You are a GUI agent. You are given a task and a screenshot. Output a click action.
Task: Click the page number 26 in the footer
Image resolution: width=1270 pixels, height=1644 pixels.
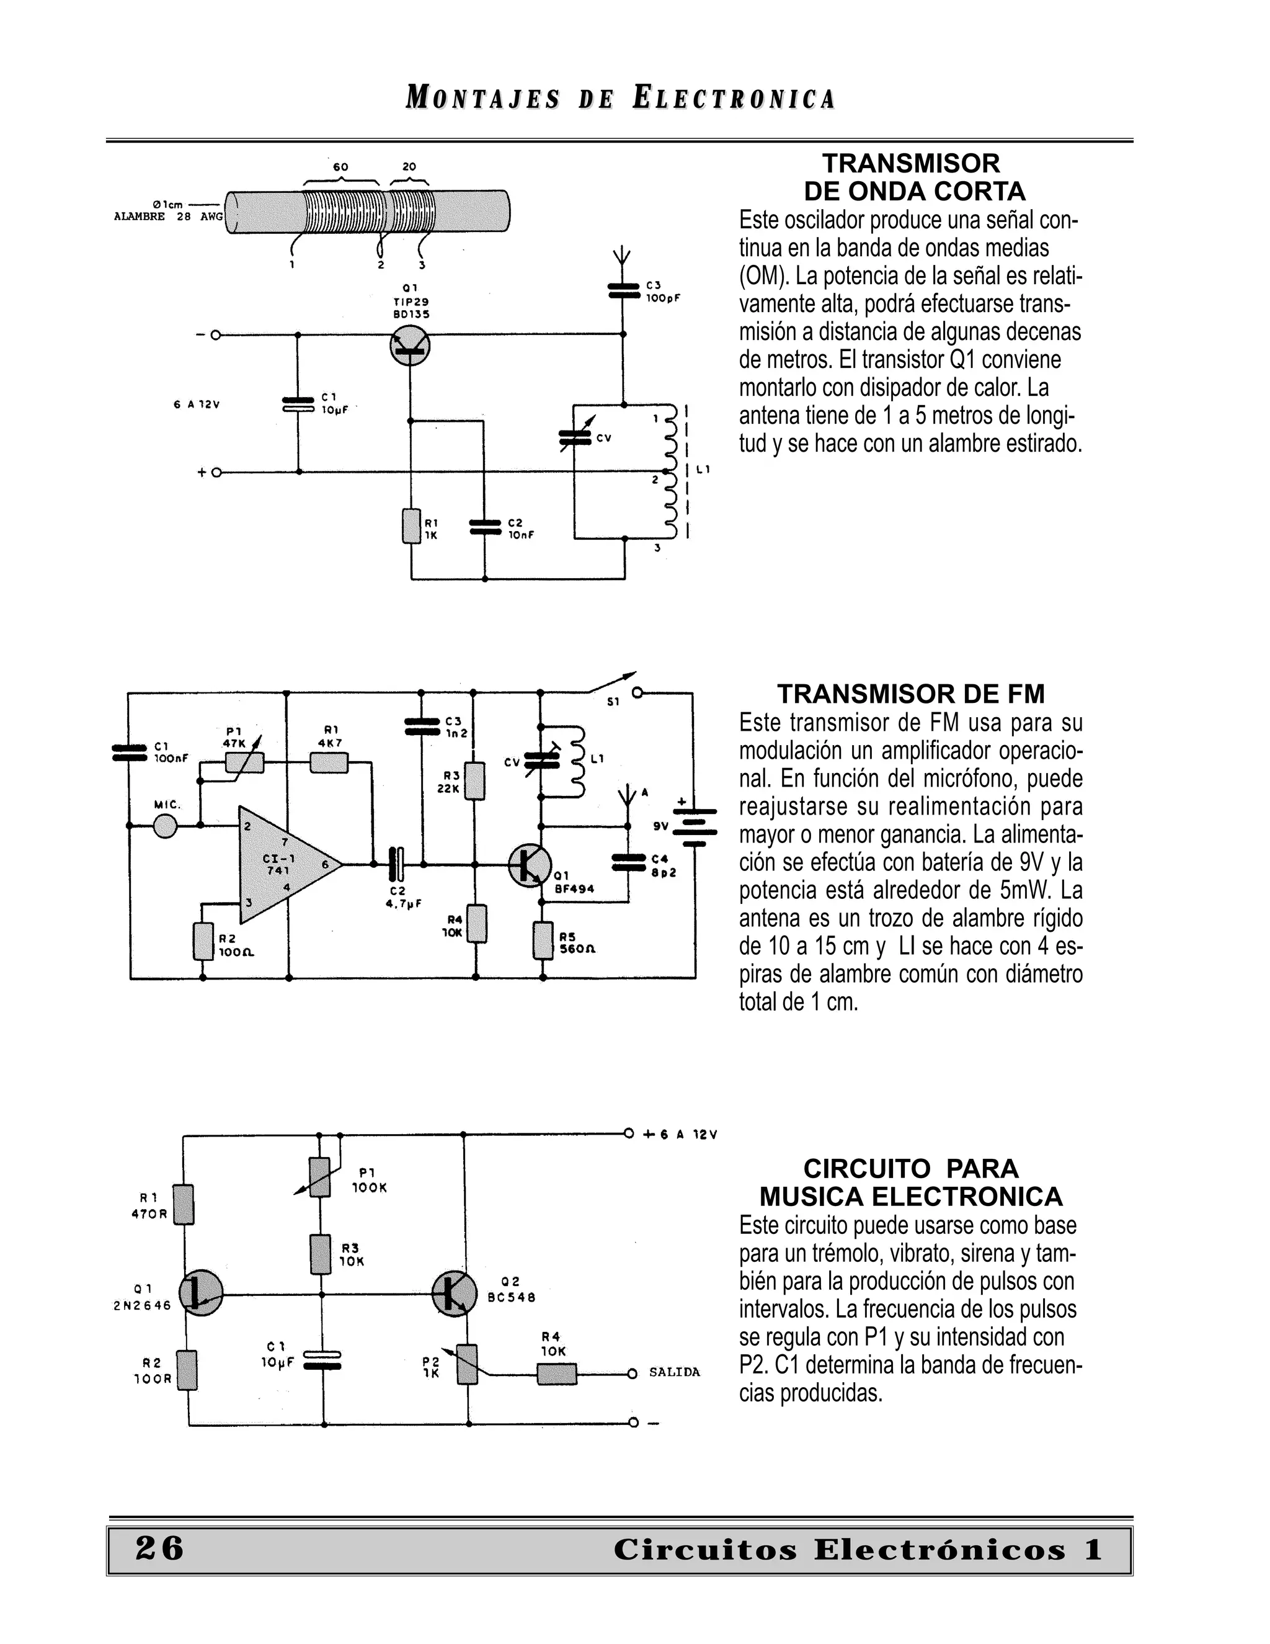click(159, 1548)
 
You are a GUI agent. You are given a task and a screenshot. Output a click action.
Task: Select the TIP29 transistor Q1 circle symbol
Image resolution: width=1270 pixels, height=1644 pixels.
click(410, 346)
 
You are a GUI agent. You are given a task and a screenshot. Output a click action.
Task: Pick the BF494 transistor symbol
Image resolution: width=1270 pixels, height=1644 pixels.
click(530, 865)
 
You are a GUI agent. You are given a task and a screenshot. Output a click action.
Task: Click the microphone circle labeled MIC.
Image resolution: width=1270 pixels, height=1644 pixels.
click(166, 826)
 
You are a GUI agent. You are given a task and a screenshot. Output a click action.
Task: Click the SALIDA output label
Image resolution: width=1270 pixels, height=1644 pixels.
click(674, 1372)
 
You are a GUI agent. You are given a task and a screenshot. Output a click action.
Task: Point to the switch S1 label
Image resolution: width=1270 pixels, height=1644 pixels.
click(613, 702)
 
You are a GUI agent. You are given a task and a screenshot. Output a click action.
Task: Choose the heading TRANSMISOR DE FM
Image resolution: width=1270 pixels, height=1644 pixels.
click(910, 694)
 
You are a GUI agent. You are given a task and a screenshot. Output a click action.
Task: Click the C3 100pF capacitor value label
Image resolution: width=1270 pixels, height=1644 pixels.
click(663, 298)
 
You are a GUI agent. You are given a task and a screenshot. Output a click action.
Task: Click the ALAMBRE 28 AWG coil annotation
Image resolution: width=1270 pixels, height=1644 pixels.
click(168, 217)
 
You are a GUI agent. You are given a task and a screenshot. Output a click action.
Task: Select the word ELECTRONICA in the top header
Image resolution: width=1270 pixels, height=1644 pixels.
click(734, 99)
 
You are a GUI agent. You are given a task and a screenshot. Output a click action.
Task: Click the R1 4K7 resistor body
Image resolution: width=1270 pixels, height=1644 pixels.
click(329, 762)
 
